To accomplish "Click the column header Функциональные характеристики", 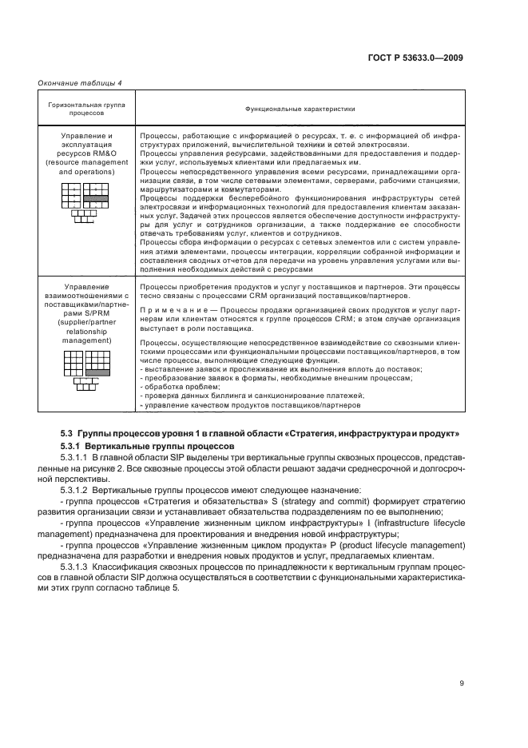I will pyautogui.click(x=300, y=109).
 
